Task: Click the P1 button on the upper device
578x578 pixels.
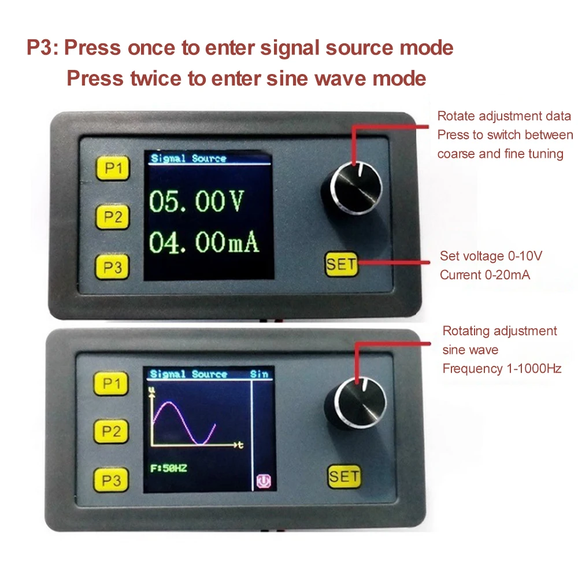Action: (x=113, y=168)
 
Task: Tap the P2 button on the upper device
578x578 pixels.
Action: (x=113, y=217)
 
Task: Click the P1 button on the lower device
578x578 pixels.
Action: (x=113, y=383)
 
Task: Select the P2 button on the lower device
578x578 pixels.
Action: (x=113, y=431)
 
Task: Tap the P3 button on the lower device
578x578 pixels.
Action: (x=113, y=480)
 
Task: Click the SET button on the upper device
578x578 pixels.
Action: (x=342, y=265)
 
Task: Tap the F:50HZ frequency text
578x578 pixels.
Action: (x=168, y=468)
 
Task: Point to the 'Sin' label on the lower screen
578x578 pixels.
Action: (x=260, y=374)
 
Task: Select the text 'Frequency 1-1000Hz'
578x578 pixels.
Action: (x=502, y=368)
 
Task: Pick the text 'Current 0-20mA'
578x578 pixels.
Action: (x=484, y=275)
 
